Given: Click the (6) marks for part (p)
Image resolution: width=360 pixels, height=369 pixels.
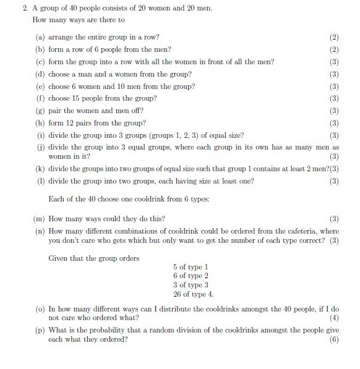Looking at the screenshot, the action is pos(335,339).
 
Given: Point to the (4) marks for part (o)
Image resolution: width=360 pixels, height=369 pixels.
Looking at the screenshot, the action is pos(335,318).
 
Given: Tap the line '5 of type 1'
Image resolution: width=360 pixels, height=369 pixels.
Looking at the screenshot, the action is pos(191,267).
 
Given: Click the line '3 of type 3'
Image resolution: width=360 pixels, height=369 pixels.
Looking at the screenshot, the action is pos(191,285).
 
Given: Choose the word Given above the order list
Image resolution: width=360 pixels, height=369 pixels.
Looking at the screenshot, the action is pos(59,258).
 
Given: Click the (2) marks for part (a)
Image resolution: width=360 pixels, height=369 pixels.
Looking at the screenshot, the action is pos(335,37).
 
